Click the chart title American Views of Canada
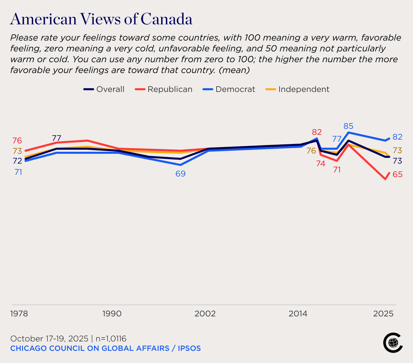coord(101,19)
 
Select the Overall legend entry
coord(104,89)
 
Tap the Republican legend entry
coord(164,89)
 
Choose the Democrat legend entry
coord(229,89)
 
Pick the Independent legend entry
coord(297,89)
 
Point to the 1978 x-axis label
coord(19,314)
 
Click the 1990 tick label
coord(112,314)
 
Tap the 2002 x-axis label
coord(205,314)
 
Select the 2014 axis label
coord(298,314)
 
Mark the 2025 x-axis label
coord(383,314)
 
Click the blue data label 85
coord(348,126)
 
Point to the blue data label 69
coord(180,174)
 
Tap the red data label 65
coord(397,175)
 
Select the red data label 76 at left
coord(17,141)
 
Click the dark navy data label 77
coord(57,138)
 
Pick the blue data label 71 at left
coord(18,172)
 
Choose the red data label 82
coord(317,132)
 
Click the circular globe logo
coord(393,343)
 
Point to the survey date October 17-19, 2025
coord(49,339)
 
